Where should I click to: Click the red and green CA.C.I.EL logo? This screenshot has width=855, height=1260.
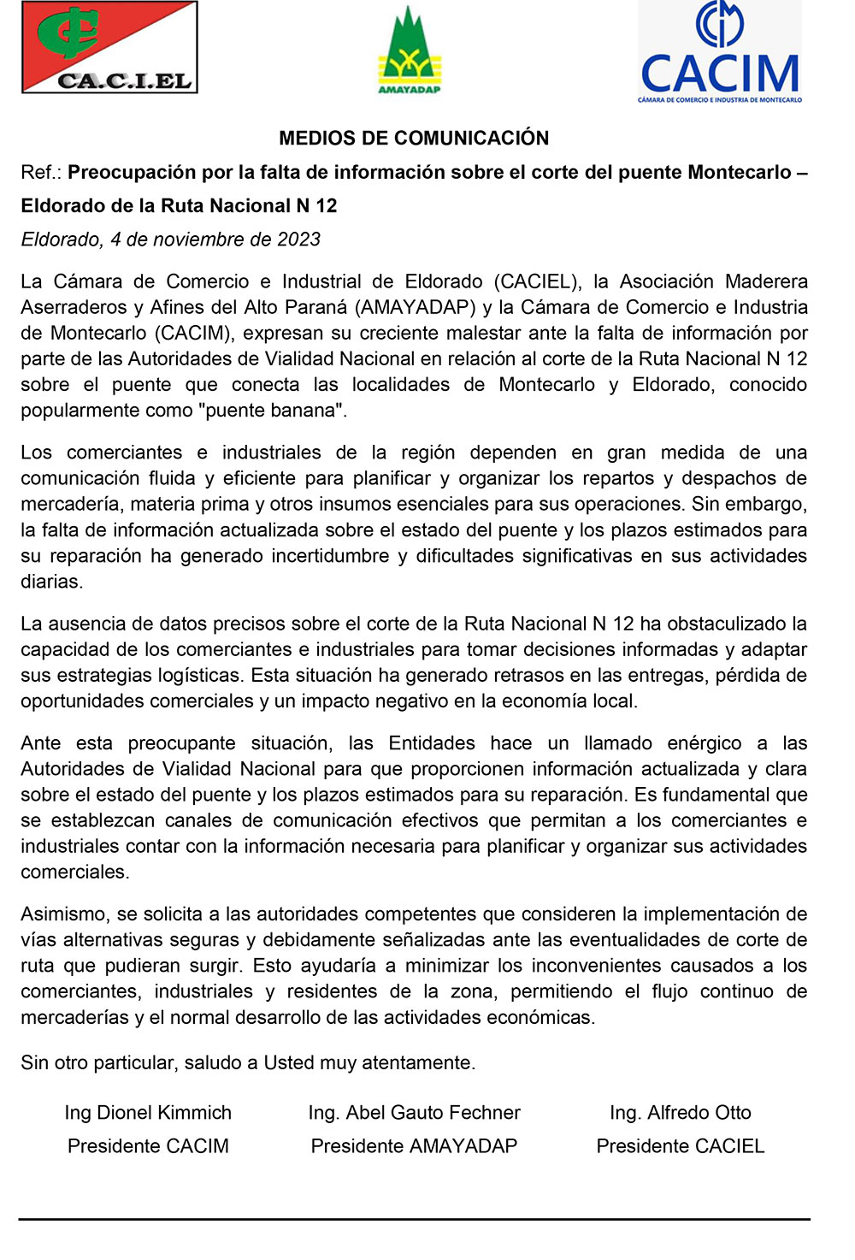(109, 47)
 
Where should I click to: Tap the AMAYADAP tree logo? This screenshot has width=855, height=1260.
(410, 51)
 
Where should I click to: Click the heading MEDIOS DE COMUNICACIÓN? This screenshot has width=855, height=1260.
(414, 139)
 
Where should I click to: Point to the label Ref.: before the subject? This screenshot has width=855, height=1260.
(41, 173)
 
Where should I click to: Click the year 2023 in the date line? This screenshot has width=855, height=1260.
(298, 240)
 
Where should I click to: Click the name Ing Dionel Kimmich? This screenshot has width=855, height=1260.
(148, 1113)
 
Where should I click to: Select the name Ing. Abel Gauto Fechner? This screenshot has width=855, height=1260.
(414, 1113)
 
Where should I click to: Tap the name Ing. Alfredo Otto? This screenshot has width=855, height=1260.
(680, 1113)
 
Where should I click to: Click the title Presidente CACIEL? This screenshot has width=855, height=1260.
(680, 1146)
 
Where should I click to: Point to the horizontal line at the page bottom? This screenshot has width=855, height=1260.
(414, 1219)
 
